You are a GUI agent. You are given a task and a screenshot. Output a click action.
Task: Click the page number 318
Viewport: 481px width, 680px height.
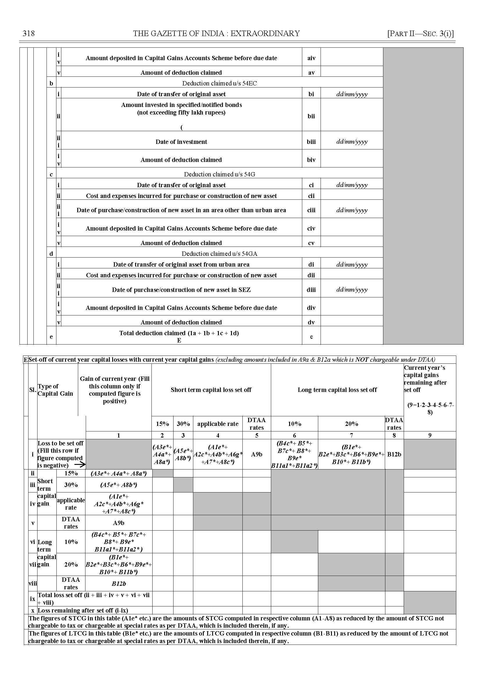point(29,33)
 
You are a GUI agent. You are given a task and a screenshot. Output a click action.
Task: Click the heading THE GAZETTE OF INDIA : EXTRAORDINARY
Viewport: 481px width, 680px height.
point(216,33)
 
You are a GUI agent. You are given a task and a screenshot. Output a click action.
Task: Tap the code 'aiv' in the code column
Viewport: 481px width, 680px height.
point(311,58)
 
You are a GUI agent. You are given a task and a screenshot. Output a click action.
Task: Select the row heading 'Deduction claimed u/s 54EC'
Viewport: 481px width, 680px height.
point(219,83)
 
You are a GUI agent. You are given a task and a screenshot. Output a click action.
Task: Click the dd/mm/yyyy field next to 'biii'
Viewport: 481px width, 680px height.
point(352,142)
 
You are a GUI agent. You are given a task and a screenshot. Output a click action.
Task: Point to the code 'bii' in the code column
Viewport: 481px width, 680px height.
point(311,116)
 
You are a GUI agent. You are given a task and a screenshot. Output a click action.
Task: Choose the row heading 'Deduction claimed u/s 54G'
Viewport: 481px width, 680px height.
point(219,174)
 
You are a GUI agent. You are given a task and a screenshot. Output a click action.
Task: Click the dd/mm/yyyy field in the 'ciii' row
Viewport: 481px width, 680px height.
point(352,210)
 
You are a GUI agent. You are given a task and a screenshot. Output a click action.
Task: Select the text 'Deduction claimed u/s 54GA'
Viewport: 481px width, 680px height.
point(219,254)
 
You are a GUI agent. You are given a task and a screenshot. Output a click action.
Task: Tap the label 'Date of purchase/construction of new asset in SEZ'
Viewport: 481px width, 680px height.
point(181,290)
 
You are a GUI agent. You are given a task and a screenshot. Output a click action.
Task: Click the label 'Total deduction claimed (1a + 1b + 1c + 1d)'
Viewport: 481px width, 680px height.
point(179,333)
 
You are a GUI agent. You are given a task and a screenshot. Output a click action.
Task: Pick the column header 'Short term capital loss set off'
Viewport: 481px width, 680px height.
point(211,390)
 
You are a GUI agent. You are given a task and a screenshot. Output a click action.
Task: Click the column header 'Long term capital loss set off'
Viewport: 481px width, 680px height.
point(337,390)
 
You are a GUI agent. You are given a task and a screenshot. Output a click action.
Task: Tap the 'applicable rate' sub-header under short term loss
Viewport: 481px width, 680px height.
point(218,424)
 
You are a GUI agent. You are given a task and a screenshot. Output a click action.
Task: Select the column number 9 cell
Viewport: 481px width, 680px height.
point(430,435)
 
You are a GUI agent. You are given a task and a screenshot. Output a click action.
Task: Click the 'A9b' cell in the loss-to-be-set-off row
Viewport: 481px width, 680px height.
point(257,454)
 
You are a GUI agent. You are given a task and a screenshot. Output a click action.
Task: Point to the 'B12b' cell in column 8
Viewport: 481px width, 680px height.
point(394,454)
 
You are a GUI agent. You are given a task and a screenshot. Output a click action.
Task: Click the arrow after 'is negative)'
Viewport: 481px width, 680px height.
point(80,465)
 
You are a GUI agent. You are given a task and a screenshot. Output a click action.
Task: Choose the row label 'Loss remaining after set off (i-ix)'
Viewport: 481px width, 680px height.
point(83,610)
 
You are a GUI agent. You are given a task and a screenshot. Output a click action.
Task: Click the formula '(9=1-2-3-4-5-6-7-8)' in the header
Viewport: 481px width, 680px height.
point(430,408)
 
